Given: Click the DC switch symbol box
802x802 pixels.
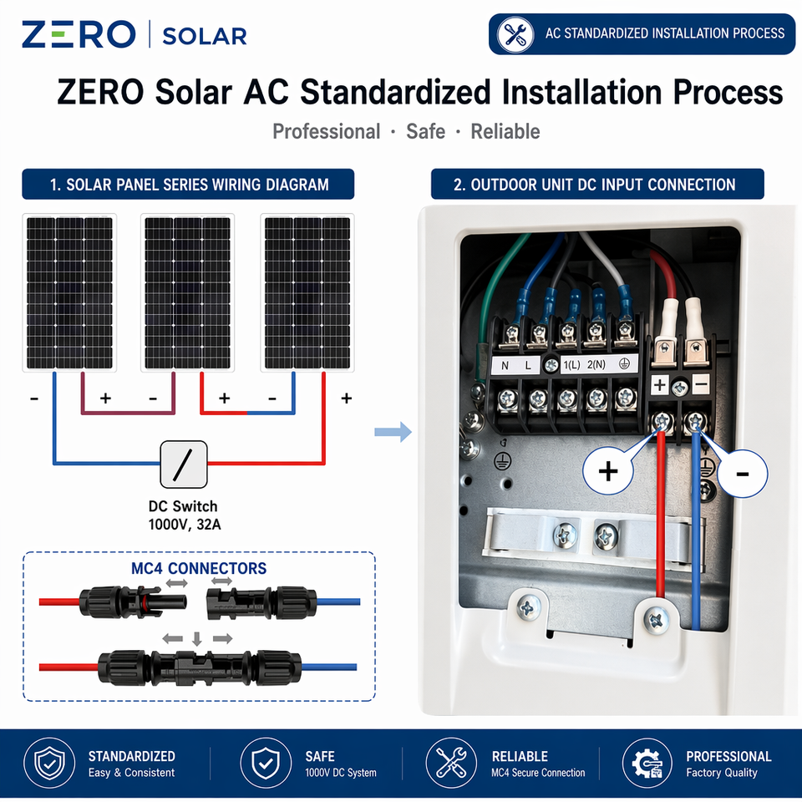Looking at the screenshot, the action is point(184,464).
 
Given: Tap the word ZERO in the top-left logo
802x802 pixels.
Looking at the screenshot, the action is point(79,34).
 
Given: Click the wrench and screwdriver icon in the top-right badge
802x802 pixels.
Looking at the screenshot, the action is point(515,34).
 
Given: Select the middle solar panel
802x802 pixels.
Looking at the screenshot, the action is point(187,292).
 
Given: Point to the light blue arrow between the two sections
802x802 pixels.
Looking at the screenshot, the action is point(393,432).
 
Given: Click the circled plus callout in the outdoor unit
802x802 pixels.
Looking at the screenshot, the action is point(608,470).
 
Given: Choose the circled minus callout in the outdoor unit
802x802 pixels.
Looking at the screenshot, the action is point(743,474).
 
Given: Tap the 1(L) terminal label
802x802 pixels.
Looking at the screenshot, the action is point(571,365).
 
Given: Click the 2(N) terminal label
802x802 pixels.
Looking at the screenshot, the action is point(596,365).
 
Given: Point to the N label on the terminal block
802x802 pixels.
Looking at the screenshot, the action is point(505,366).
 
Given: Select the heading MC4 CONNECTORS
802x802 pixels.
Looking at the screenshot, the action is point(199,568).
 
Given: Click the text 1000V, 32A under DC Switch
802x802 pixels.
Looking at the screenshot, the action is point(185,525).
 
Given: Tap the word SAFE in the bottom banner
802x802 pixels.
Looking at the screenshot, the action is point(320,757).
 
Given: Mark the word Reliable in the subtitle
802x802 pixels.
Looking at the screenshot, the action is point(505,131).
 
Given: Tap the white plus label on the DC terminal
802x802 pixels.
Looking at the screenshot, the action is point(660,384).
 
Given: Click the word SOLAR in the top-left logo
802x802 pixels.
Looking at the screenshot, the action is point(205,36).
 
